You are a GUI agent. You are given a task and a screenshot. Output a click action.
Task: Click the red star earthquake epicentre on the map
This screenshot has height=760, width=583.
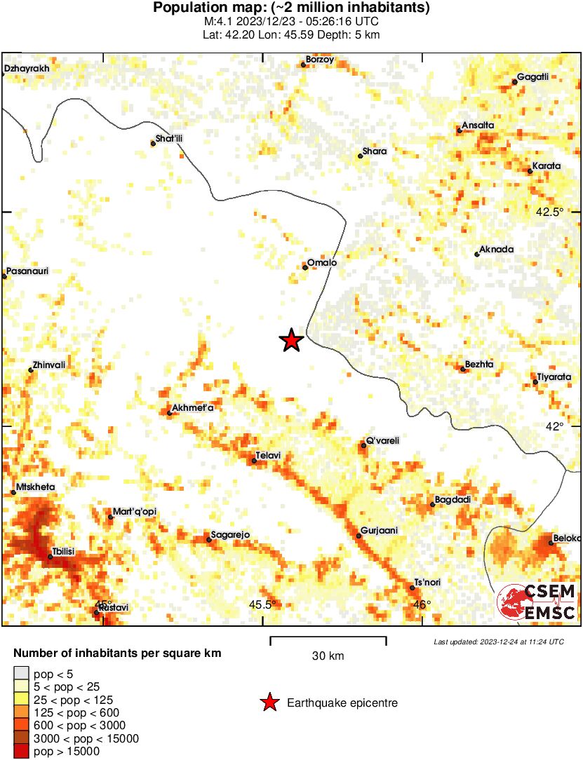tap(291, 341)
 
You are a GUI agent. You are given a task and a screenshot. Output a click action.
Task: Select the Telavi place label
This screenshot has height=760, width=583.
tap(268, 456)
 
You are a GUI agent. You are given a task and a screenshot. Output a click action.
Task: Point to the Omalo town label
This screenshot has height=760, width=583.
tap(322, 262)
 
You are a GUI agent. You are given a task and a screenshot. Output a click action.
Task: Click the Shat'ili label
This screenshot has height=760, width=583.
tap(168, 139)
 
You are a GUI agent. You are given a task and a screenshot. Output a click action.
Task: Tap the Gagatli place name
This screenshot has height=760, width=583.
tap(532, 77)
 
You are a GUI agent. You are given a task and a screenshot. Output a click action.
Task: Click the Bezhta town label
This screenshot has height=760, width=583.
tap(479, 365)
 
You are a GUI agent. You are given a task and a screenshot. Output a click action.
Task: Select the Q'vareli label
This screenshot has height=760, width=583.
tap(383, 440)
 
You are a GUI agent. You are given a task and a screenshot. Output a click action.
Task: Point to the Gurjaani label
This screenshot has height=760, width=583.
tap(379, 531)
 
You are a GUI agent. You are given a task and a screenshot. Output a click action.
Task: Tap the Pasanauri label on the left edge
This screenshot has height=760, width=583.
tap(27, 271)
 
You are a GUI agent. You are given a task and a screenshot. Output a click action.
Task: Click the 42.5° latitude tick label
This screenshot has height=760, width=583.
tap(550, 212)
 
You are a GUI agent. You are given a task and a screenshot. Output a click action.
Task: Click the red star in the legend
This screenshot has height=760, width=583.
tap(269, 703)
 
